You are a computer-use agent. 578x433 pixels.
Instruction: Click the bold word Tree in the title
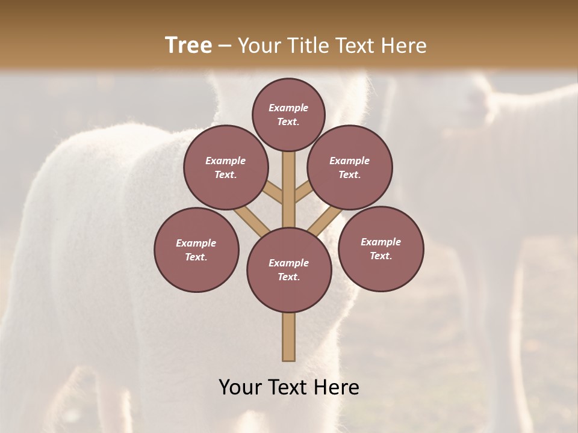(x=188, y=45)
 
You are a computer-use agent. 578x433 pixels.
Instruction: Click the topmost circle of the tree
(x=288, y=114)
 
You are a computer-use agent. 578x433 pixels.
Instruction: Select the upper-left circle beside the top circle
(x=226, y=167)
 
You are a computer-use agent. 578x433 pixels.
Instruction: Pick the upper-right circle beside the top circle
(x=350, y=167)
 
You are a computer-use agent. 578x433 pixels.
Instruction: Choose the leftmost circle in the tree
(x=196, y=250)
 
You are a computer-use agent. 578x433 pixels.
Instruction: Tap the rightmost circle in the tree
(x=381, y=248)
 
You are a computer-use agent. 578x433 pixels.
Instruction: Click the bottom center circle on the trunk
(x=289, y=269)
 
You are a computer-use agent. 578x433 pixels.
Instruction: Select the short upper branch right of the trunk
(x=303, y=192)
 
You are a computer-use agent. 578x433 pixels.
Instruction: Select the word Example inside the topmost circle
(x=288, y=108)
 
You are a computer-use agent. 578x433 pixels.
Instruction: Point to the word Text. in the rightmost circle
(x=381, y=256)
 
